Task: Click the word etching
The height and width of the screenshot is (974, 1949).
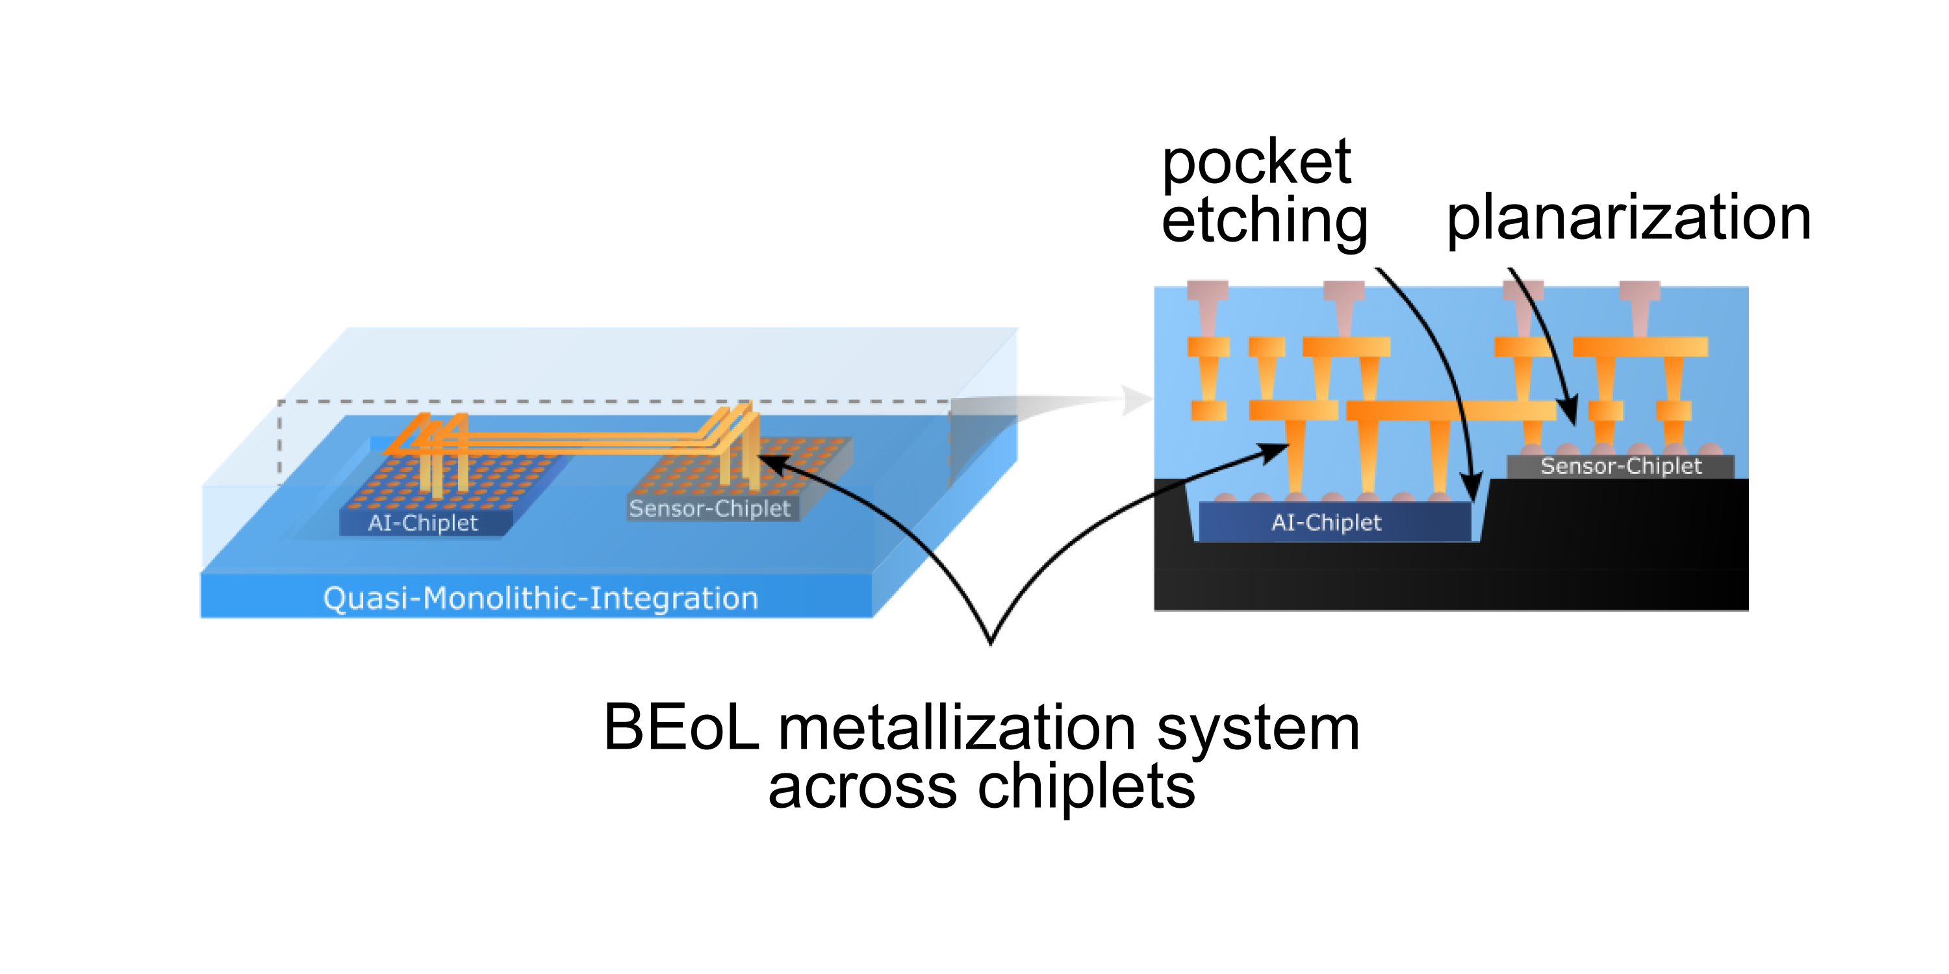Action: [1264, 221]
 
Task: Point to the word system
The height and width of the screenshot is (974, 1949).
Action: [1258, 729]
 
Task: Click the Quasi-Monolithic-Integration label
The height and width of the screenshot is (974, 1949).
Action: [541, 598]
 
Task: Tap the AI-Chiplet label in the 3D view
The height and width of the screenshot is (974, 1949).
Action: [423, 523]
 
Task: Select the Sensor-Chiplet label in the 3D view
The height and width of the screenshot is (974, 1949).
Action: [709, 508]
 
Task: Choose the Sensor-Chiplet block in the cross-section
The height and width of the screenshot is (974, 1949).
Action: [1621, 466]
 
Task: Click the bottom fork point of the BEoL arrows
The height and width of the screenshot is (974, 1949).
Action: [991, 643]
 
